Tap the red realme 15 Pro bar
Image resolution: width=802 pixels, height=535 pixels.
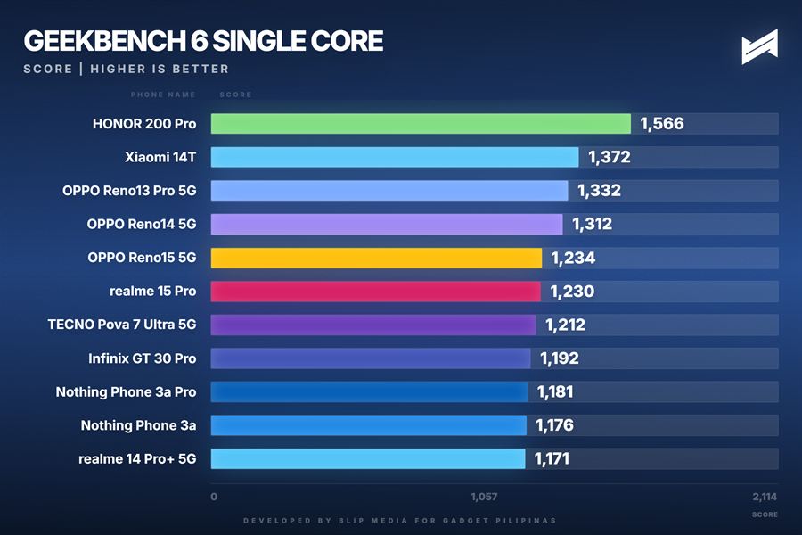point(375,292)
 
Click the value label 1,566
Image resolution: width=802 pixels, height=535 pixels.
point(662,124)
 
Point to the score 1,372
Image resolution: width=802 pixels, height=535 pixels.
point(610,158)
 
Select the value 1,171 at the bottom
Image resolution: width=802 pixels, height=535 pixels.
point(552,459)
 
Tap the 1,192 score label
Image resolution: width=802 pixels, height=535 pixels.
point(560,358)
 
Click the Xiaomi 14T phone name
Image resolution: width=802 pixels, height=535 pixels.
point(160,158)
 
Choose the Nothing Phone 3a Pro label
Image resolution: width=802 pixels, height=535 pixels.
point(126,392)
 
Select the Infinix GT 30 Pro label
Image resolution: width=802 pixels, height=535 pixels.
point(143,358)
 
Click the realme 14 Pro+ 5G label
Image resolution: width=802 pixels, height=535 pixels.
point(137,459)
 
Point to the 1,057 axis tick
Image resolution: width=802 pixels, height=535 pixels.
point(484,497)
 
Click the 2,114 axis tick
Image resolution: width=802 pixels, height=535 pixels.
point(765,497)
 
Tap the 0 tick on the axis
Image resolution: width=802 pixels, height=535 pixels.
point(214,497)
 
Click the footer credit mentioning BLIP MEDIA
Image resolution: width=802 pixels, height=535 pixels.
point(401,520)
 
